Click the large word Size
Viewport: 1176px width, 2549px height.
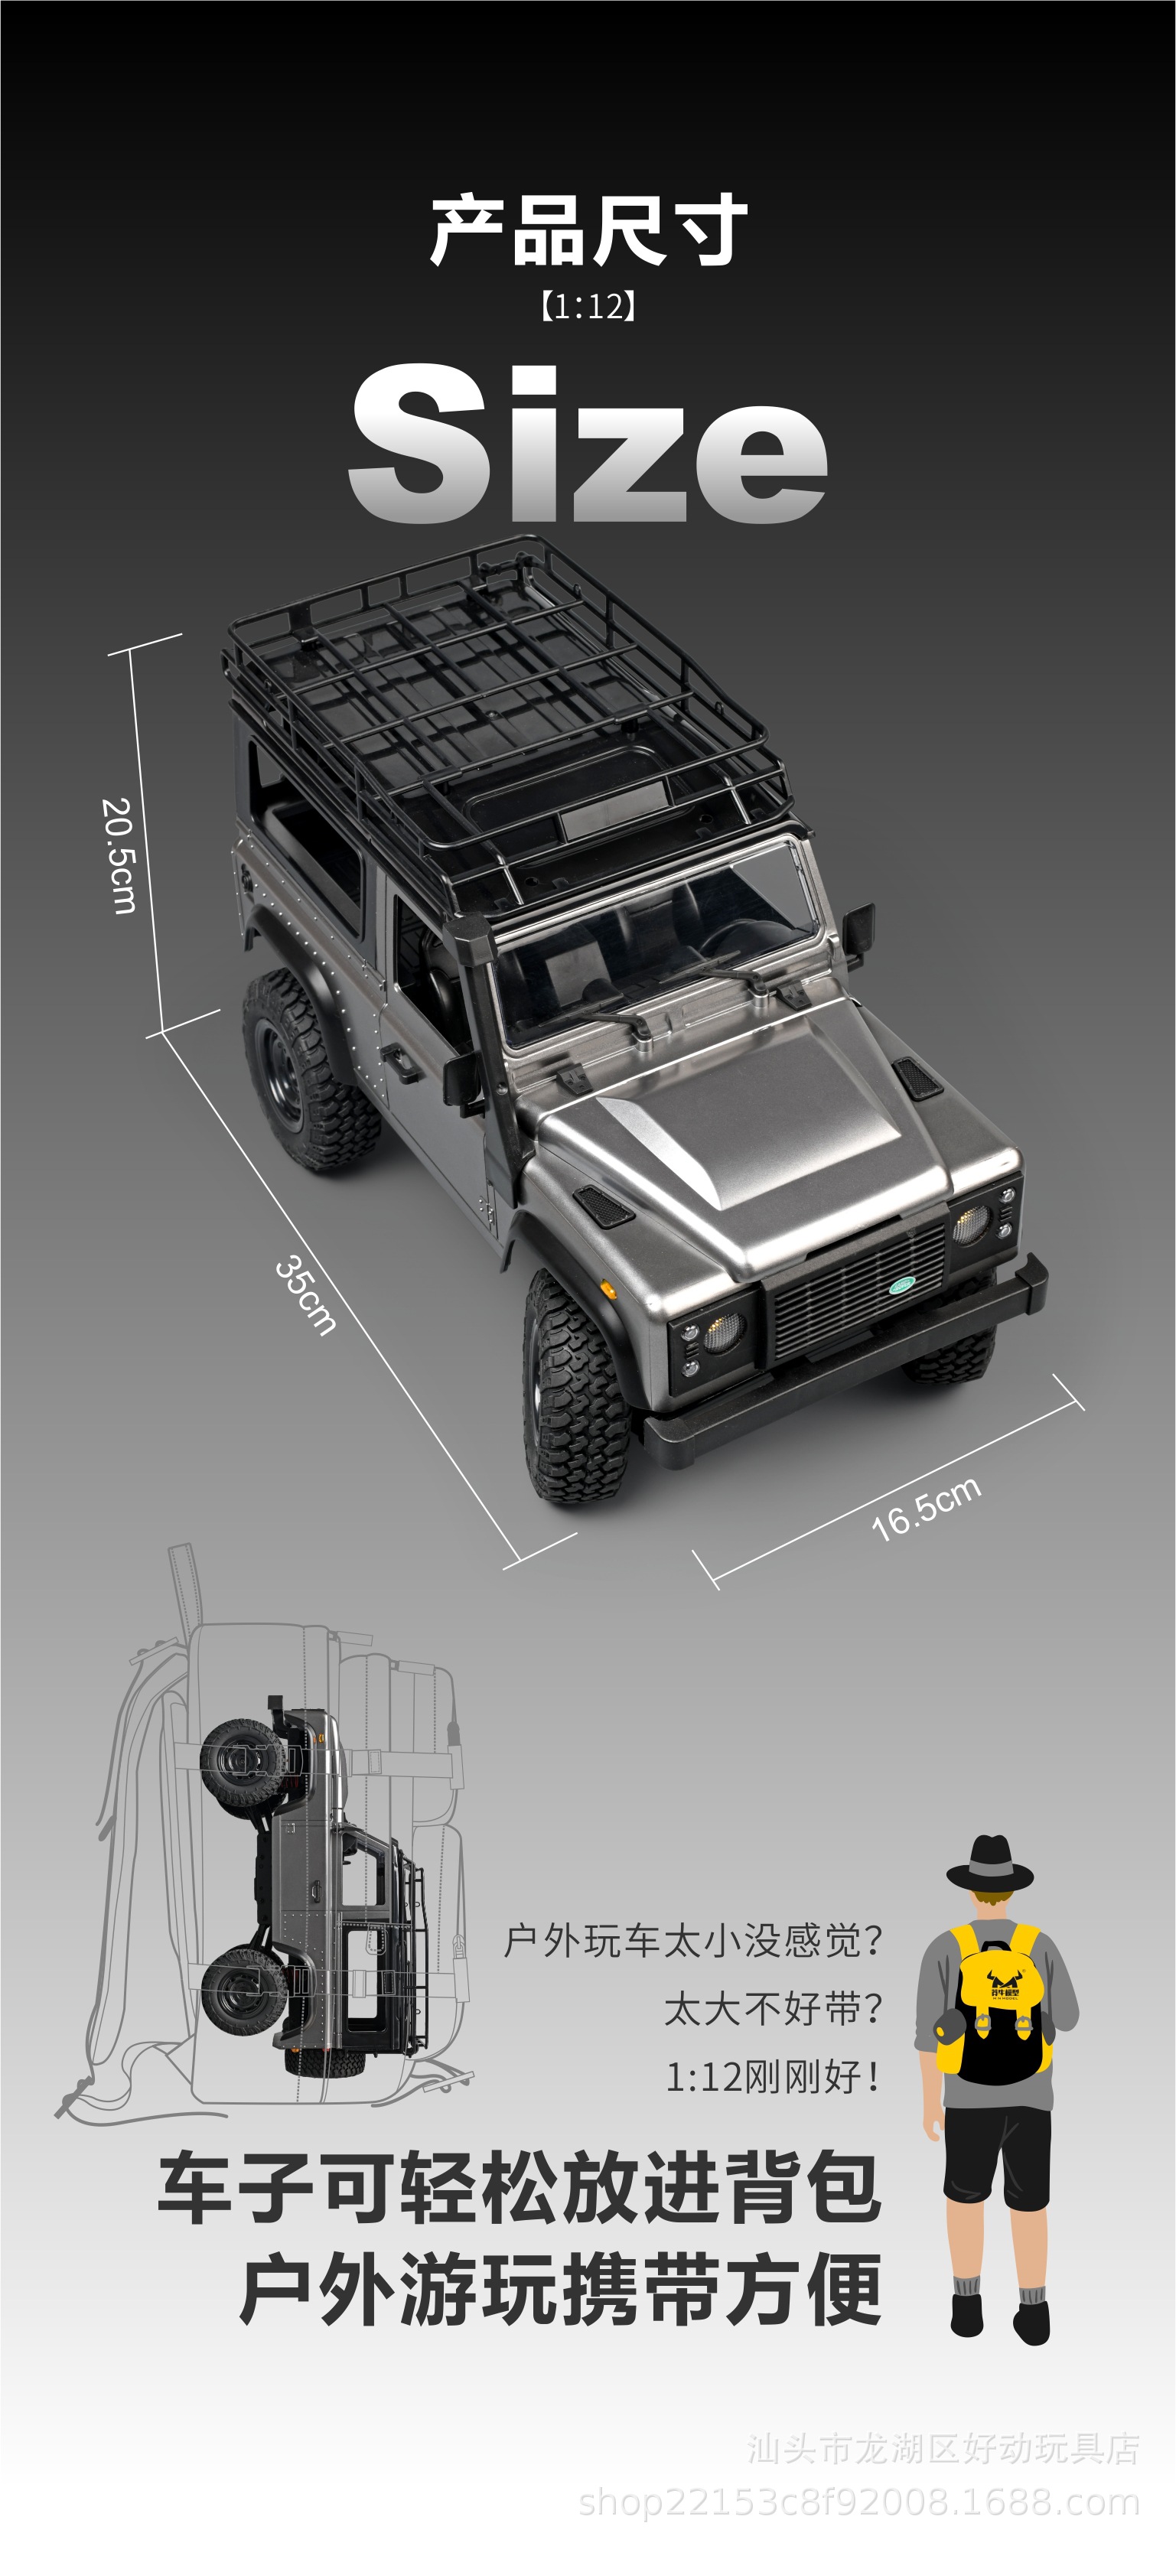point(588,442)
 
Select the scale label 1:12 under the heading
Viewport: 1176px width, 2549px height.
point(588,306)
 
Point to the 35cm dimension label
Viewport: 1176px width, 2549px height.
point(305,1295)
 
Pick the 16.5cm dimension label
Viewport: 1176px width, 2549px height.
point(926,1508)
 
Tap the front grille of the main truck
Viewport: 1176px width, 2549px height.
point(857,1291)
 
